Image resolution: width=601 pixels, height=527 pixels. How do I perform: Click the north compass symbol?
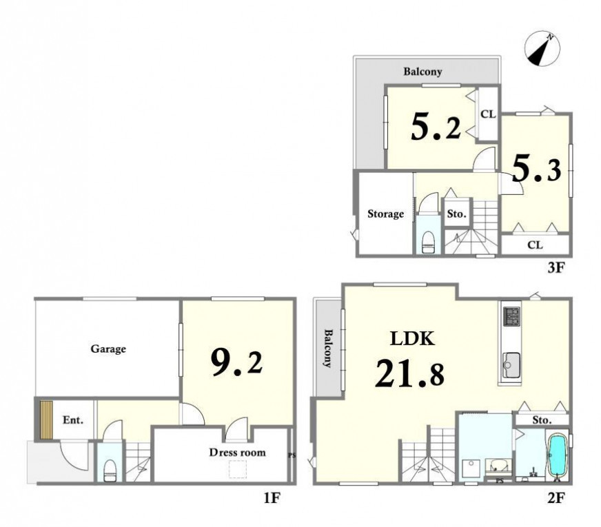pyautogui.click(x=542, y=49)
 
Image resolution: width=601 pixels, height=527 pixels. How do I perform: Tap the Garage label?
pyautogui.click(x=108, y=349)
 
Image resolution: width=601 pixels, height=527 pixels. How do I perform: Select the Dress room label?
pyautogui.click(x=237, y=453)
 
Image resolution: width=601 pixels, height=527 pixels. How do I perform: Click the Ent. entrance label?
pyautogui.click(x=73, y=420)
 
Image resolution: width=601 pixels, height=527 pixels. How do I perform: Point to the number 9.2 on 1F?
pyautogui.click(x=236, y=363)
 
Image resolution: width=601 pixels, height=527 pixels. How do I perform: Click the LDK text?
pyautogui.click(x=412, y=338)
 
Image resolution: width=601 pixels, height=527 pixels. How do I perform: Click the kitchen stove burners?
pyautogui.click(x=511, y=316)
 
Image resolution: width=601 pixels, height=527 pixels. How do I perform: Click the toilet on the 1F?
pyautogui.click(x=110, y=471)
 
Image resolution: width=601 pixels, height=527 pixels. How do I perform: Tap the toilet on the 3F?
pyautogui.click(x=427, y=242)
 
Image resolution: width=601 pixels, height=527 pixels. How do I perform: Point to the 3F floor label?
pyautogui.click(x=556, y=267)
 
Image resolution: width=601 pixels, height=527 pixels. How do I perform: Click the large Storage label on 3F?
pyautogui.click(x=385, y=214)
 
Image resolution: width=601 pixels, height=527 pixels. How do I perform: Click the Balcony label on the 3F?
pyautogui.click(x=422, y=72)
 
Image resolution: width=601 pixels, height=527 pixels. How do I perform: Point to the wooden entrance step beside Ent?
pyautogui.click(x=46, y=420)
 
